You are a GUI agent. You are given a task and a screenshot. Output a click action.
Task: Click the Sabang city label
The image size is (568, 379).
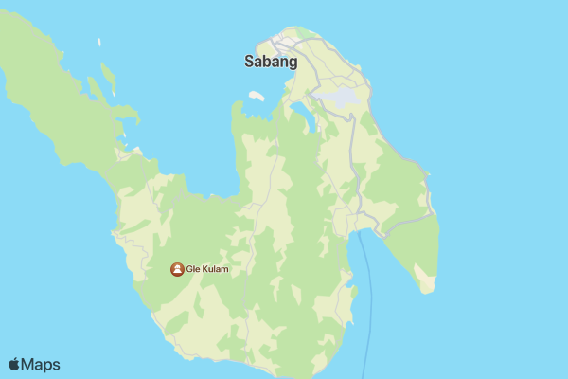271,63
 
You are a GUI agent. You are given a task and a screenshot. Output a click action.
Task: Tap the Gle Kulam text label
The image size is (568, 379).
207,269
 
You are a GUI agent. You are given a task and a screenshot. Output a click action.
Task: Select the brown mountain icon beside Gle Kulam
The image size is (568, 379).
177,269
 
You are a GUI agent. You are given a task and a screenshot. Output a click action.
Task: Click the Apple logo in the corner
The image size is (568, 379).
14,364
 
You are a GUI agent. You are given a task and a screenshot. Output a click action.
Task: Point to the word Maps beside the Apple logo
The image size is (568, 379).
41,364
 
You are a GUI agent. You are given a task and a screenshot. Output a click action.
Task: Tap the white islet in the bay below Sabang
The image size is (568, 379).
256,96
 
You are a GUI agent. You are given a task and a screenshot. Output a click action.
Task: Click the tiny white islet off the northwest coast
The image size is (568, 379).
99,42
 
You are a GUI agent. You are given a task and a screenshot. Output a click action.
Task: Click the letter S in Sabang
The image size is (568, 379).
249,63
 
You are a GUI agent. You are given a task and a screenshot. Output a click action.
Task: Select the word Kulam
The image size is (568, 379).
214,269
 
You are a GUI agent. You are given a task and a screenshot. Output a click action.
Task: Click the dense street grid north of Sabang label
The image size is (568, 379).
284,43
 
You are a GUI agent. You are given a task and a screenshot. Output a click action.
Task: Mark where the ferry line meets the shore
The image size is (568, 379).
359,231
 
